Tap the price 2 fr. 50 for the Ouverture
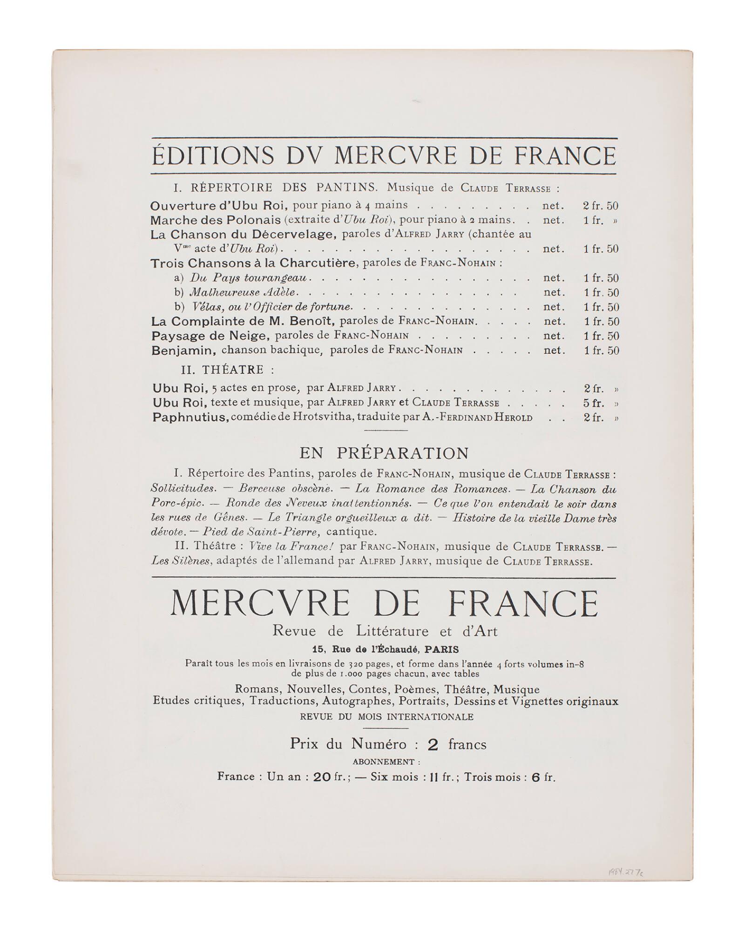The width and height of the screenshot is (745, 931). click(x=601, y=206)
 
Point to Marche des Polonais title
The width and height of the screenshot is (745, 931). click(x=216, y=220)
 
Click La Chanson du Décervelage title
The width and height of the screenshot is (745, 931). click(x=243, y=234)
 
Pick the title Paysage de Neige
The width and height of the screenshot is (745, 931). click(x=210, y=336)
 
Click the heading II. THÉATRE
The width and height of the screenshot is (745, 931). click(x=227, y=370)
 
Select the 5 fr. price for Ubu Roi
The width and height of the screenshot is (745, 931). click(x=595, y=403)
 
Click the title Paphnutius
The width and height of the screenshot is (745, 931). click(x=190, y=418)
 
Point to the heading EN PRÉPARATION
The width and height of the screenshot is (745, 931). click(x=384, y=453)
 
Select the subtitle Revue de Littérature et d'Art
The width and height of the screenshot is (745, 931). click(x=385, y=631)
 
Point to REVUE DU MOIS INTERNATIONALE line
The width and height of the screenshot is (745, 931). click(x=386, y=716)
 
